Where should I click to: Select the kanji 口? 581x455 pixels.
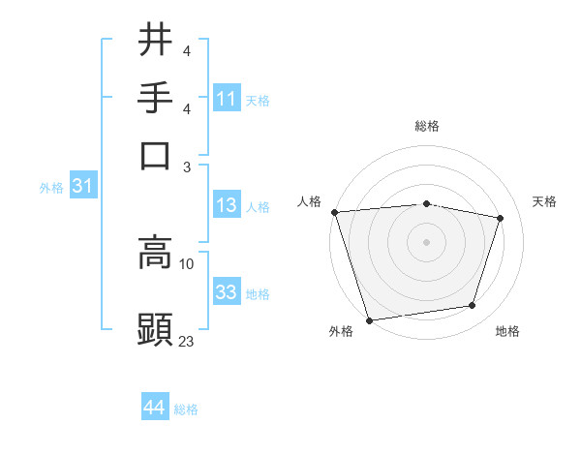click(155, 155)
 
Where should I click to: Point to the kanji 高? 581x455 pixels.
click(155, 252)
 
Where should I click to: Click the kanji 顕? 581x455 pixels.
click(155, 329)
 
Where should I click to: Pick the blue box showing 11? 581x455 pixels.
click(227, 99)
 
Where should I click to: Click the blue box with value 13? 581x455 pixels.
click(227, 205)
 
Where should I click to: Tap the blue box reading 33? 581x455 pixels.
click(227, 292)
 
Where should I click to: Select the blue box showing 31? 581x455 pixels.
click(82, 187)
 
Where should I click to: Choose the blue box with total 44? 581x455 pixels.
click(154, 408)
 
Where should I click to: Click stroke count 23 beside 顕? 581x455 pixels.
click(187, 340)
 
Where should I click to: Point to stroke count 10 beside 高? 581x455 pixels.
click(187, 262)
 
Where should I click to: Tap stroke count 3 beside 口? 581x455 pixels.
click(187, 167)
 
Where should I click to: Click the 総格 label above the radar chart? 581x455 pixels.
click(426, 126)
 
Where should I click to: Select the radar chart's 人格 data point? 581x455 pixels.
click(334, 212)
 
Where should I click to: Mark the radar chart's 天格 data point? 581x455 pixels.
click(500, 218)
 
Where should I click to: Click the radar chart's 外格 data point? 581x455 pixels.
click(369, 319)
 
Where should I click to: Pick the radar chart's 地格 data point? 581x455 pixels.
click(472, 305)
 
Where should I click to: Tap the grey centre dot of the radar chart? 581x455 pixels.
click(426, 241)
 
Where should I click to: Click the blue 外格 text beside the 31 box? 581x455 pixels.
click(51, 188)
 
